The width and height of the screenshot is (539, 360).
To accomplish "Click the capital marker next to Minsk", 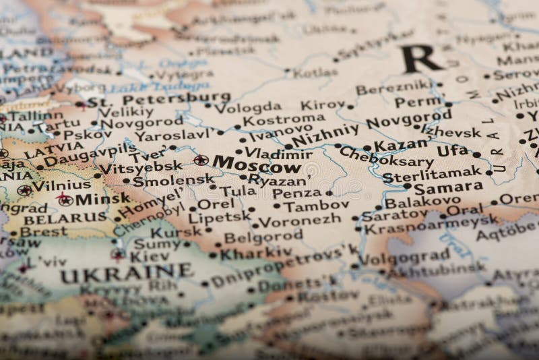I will [x=63, y=198].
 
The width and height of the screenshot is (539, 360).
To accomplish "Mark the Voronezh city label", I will [x=294, y=220].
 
